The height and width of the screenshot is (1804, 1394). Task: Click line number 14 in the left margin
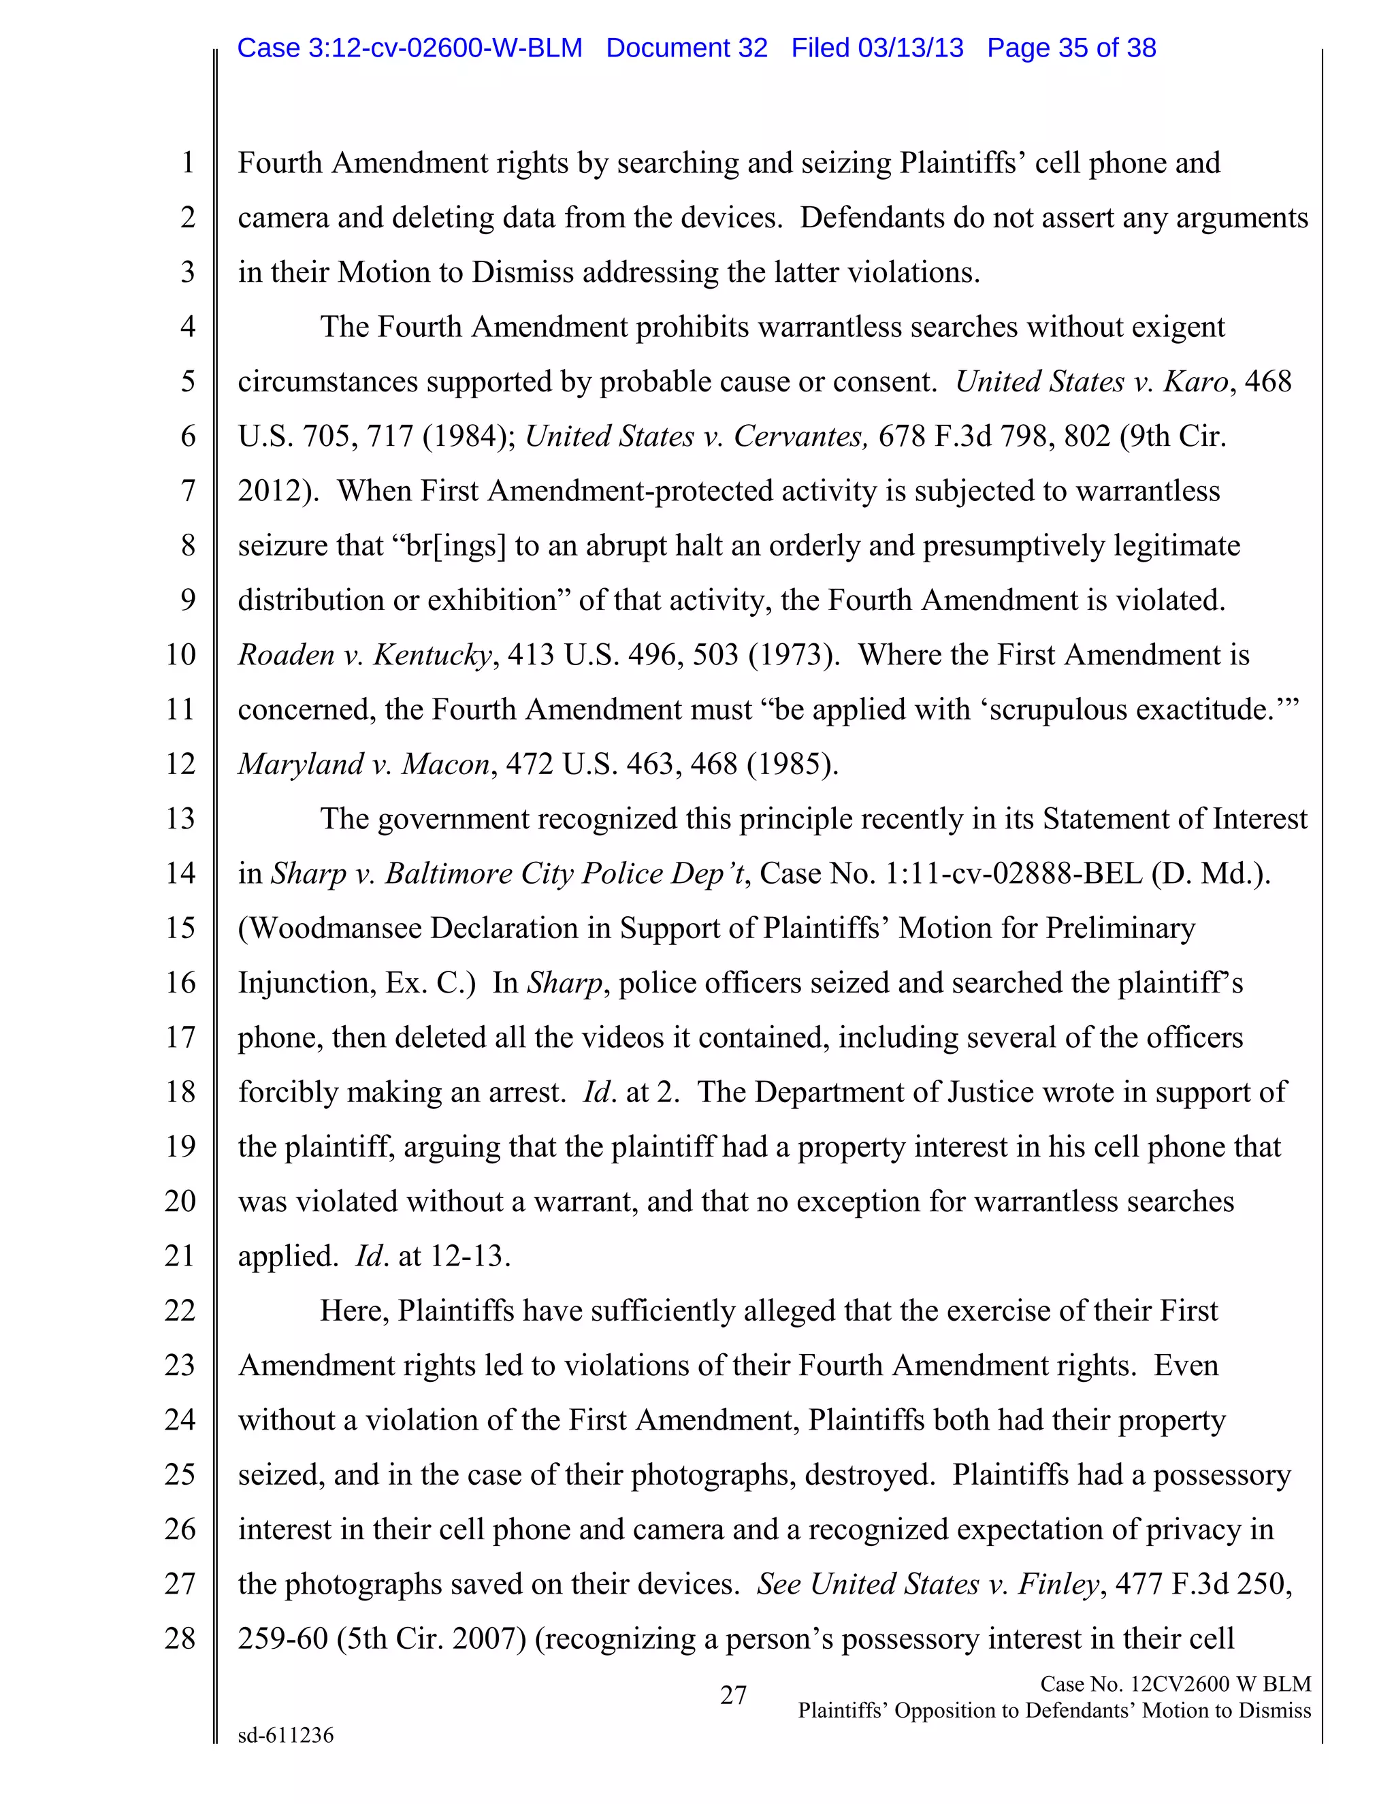(x=180, y=873)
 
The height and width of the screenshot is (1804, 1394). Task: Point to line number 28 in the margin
(x=180, y=1638)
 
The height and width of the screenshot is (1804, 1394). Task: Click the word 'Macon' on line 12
(x=446, y=764)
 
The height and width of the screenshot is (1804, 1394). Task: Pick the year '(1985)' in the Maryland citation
(x=792, y=764)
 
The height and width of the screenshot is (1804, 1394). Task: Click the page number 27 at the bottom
(x=733, y=1696)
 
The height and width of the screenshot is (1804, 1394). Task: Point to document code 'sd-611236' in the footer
(x=286, y=1735)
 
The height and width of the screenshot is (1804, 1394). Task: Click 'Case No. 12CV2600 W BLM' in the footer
(x=1175, y=1684)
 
